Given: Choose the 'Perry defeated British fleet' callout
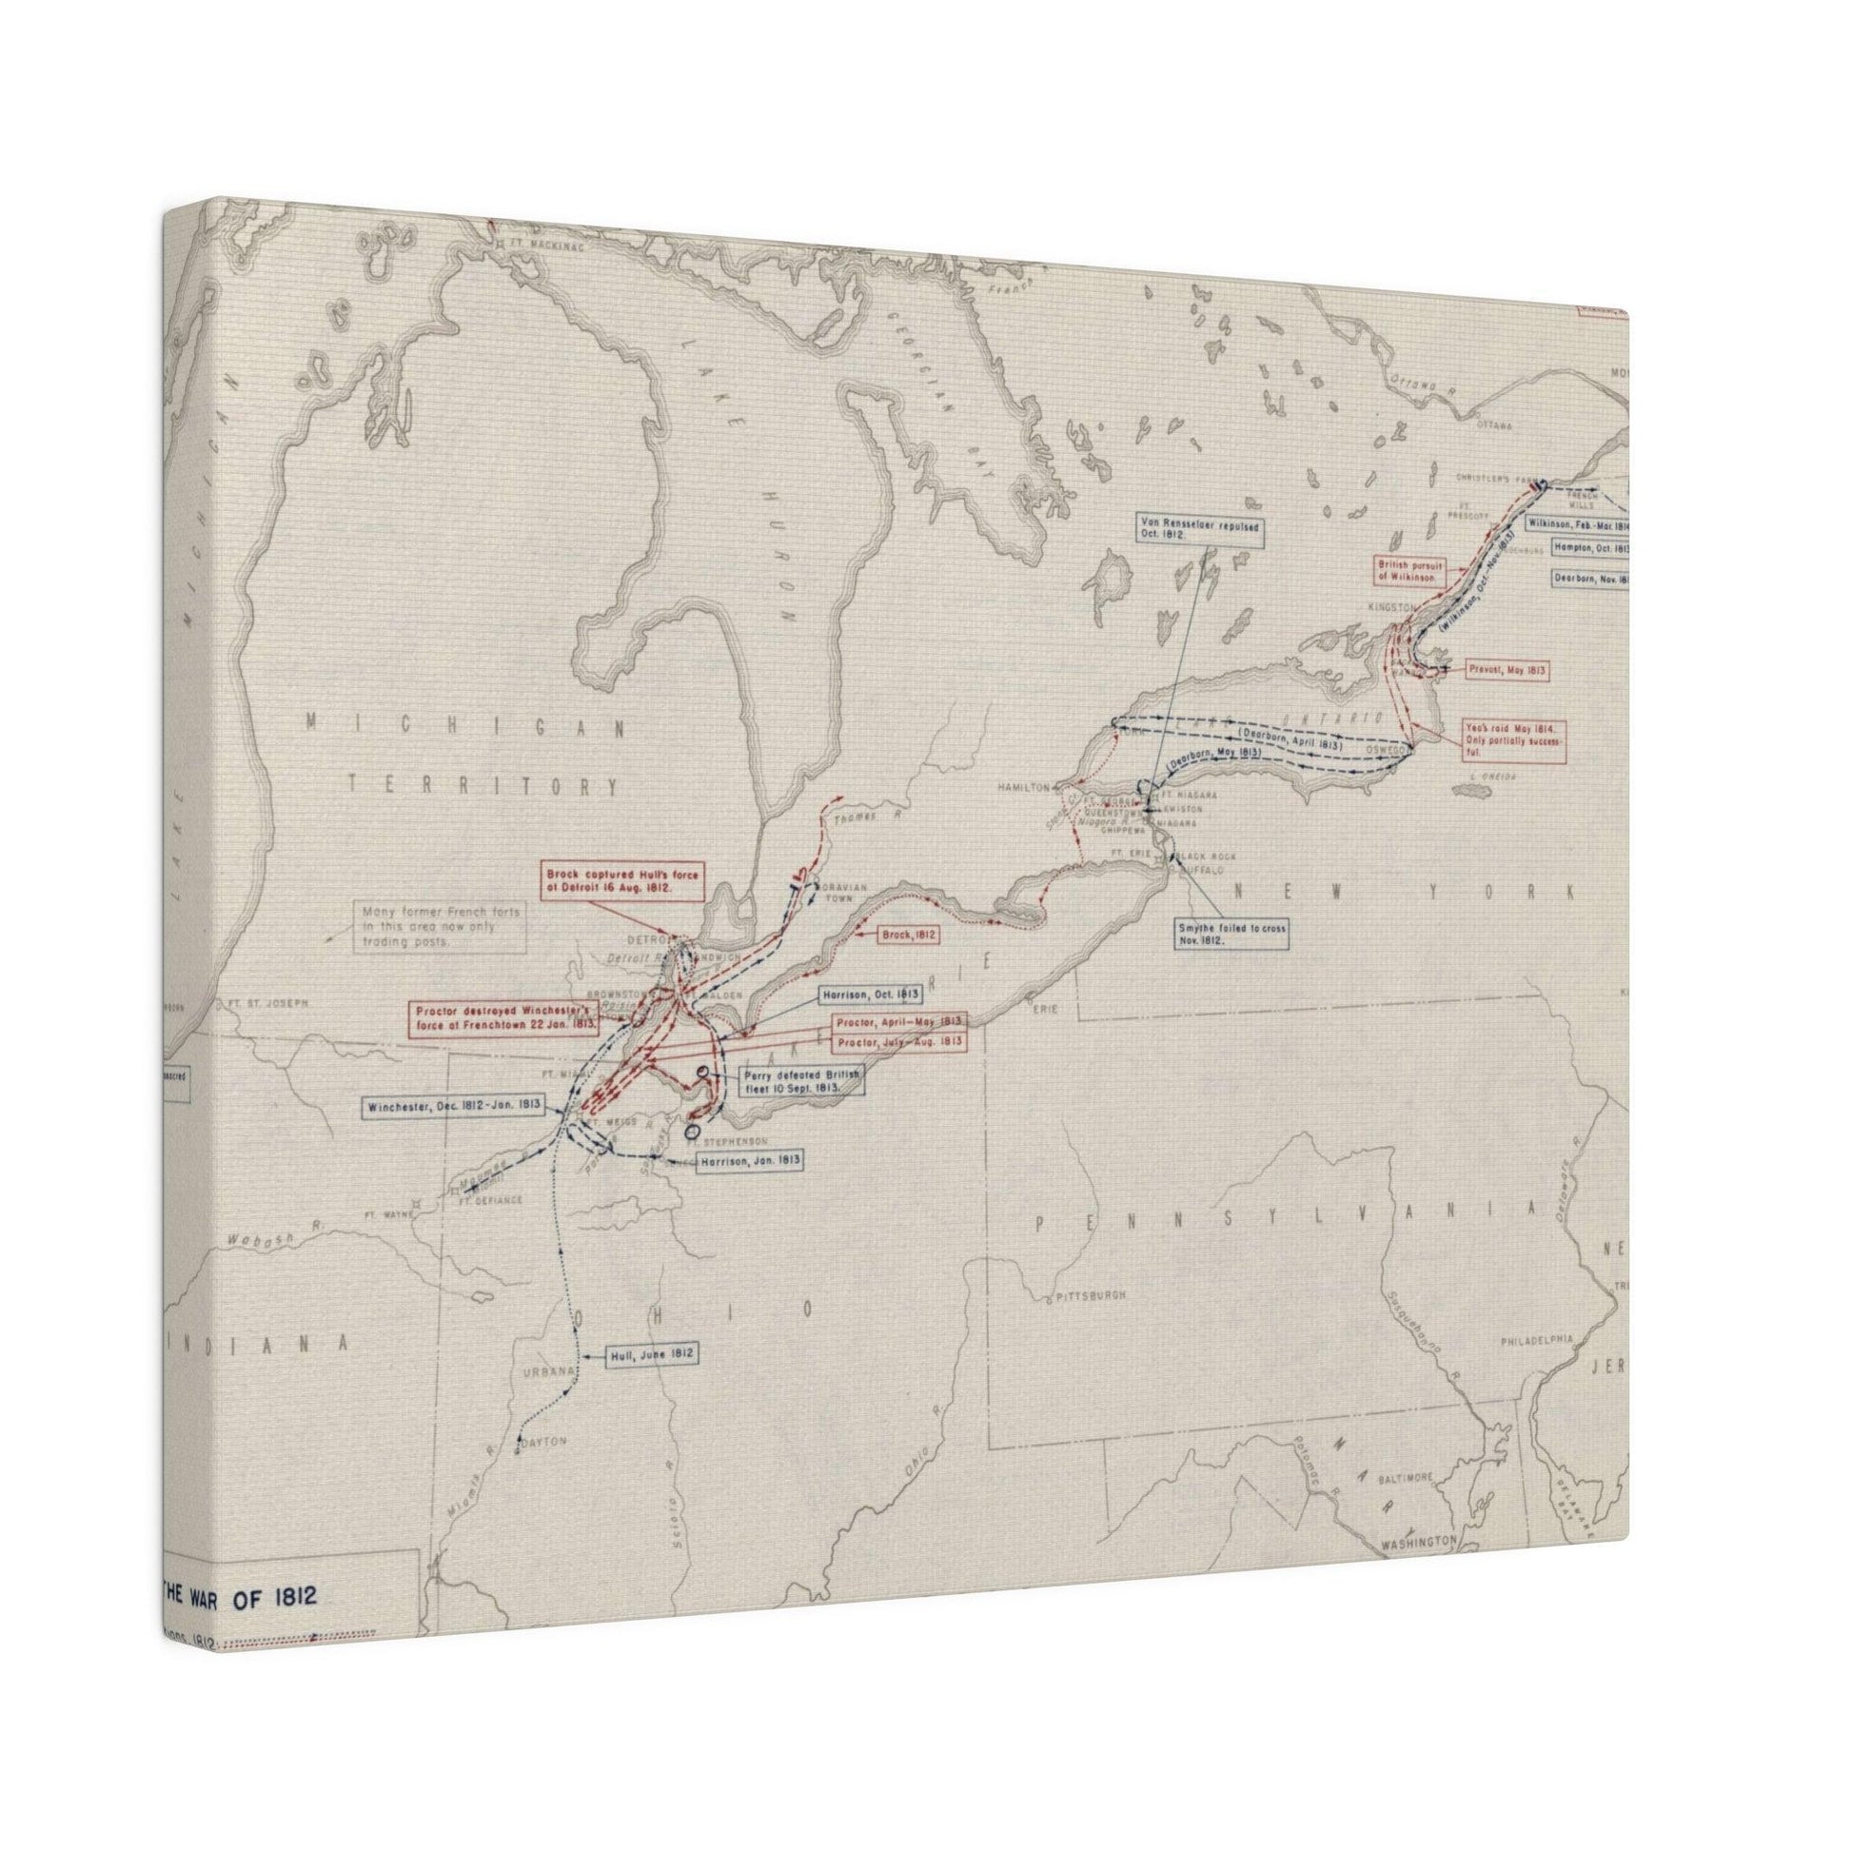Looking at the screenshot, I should [801, 1082].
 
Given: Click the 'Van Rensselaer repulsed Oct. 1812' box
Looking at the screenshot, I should [1199, 532].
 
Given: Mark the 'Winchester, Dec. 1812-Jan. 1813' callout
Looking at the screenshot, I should [453, 1105].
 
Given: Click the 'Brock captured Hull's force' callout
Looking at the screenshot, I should [610, 882].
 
